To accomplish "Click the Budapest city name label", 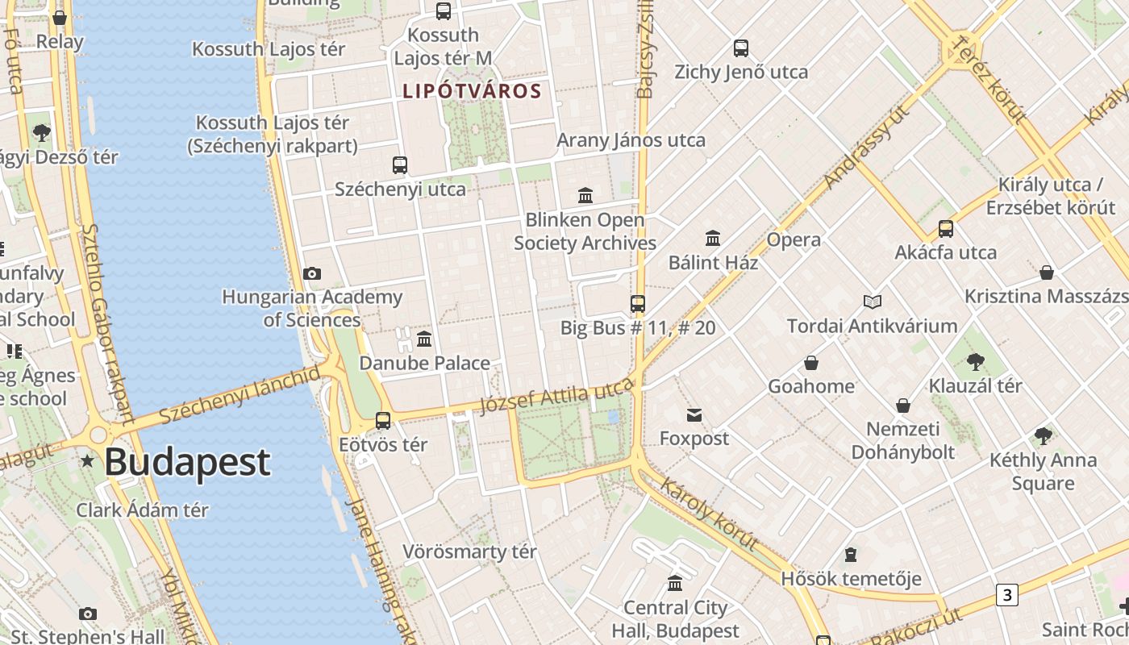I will click(187, 462).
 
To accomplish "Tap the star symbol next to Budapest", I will click(87, 462).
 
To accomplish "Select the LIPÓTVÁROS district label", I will click(472, 91).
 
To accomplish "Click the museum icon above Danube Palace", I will click(424, 339).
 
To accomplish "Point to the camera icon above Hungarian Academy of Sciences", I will click(312, 274).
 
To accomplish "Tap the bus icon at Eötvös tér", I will click(383, 420).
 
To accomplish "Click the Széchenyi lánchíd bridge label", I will click(240, 395).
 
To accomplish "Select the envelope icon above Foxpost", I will click(694, 415).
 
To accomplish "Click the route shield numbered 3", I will click(1006, 595).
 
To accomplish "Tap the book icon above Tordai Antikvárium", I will click(872, 302).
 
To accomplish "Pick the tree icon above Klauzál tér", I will click(975, 361).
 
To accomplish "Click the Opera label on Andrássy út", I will click(794, 239).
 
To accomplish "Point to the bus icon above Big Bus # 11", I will click(638, 304).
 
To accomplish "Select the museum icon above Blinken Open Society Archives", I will click(585, 195).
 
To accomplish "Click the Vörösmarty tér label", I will click(469, 552).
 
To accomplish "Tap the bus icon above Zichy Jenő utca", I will click(741, 48).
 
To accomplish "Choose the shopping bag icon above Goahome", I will click(811, 363).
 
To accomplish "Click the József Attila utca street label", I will click(556, 395).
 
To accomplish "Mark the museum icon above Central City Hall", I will click(675, 583).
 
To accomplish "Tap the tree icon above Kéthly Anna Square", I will click(1044, 436).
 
